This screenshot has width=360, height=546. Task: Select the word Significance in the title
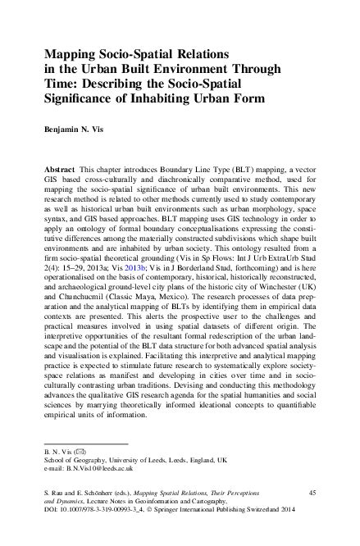click(x=83, y=101)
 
